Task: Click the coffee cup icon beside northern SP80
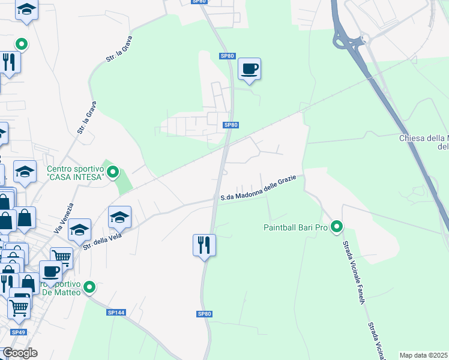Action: [249, 68]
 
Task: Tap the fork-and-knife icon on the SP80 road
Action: [204, 245]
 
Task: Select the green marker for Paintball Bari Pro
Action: [337, 227]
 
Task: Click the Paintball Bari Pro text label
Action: [295, 227]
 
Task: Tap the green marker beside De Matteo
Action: [89, 287]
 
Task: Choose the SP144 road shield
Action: [115, 313]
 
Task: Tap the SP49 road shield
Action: [18, 332]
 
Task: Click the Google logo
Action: [20, 353]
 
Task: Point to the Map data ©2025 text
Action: [424, 355]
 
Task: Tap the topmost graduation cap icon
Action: [26, 10]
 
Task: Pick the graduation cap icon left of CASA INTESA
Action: [25, 172]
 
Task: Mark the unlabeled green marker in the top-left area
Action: [22, 44]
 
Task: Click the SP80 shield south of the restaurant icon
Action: [205, 314]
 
